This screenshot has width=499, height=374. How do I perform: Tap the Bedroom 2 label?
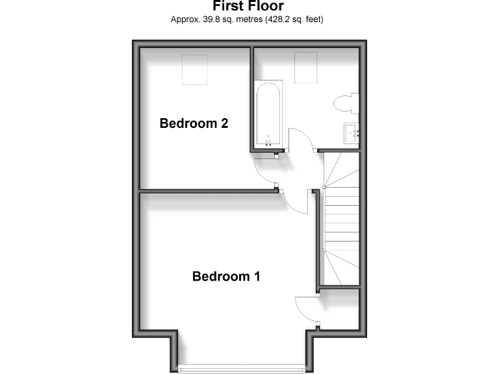(x=194, y=123)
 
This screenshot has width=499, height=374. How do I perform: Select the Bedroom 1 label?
(x=226, y=277)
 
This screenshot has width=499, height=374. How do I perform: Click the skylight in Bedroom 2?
(x=194, y=70)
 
